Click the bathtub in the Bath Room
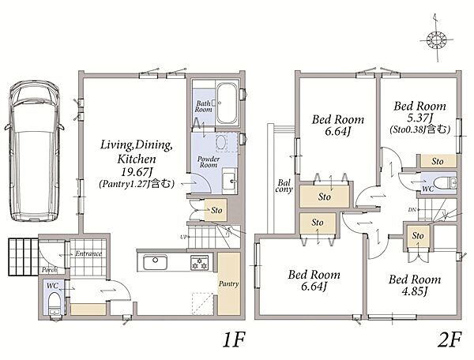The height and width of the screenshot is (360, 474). (227, 103)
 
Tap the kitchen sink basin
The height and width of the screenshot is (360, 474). (156, 262)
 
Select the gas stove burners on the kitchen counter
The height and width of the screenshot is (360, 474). (200, 262)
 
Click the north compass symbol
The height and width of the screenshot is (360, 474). (437, 39)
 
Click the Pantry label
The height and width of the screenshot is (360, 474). (229, 283)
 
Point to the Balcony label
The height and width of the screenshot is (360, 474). (284, 186)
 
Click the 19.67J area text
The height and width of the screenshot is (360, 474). (136, 172)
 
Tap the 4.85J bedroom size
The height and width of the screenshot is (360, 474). (415, 291)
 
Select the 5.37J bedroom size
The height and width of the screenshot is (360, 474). (420, 118)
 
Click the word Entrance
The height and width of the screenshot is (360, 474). (88, 253)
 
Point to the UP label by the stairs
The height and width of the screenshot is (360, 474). (183, 237)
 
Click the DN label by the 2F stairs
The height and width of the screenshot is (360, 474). (412, 209)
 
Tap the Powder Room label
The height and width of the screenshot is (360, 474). (209, 162)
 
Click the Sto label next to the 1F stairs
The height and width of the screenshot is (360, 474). (216, 210)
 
